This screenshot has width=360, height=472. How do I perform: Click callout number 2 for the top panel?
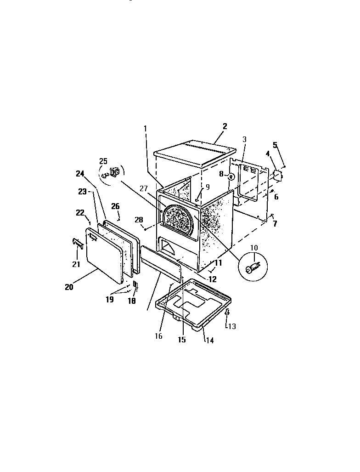225,126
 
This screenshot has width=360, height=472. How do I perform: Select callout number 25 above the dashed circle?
103,161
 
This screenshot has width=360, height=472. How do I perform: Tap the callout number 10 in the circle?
254,248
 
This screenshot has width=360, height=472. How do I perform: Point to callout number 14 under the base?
209,341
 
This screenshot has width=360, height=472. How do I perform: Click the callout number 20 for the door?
69,287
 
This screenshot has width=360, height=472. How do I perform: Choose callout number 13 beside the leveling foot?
232,326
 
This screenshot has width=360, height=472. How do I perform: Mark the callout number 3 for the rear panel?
244,139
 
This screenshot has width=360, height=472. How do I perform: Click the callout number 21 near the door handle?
76,263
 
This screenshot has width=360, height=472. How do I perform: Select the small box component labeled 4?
277,175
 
